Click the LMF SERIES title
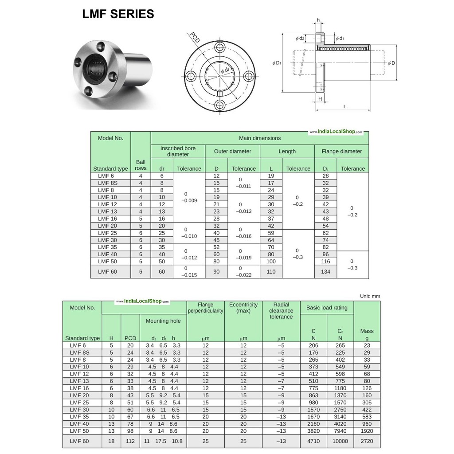coord(118,14)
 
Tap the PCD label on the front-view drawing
coord(195,38)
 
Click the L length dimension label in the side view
coord(344,106)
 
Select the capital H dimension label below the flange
coord(320,99)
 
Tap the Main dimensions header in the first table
coord(260,138)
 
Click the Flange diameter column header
coord(342,151)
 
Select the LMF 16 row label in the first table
coord(107,219)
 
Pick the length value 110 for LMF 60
coord(271,272)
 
